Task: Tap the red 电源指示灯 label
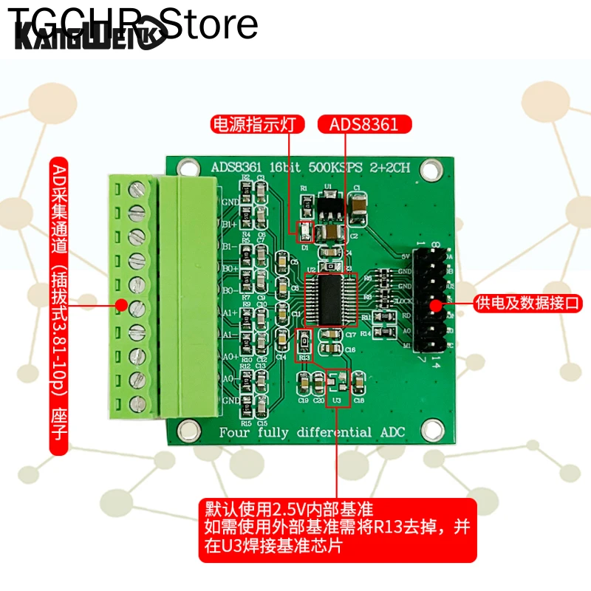258,124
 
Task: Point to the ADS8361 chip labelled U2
331,300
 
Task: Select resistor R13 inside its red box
304,344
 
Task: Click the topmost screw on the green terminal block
135,189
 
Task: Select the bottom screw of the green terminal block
135,403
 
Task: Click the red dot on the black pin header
436,303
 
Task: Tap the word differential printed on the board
329,431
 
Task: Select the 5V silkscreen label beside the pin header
405,256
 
